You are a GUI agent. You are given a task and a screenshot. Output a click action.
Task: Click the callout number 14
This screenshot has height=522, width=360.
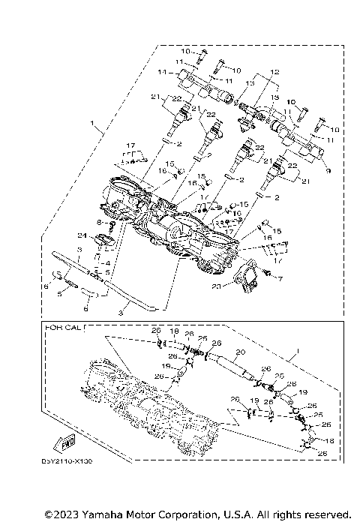coord(161,73)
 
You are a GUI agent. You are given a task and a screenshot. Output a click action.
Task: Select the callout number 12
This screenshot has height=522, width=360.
coord(274,71)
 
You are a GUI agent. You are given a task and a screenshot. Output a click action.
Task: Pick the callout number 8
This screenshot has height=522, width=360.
coord(98,223)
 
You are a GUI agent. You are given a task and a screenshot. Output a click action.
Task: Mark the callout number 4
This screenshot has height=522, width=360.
coord(107,262)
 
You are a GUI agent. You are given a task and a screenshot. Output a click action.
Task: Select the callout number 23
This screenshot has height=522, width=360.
coord(217,285)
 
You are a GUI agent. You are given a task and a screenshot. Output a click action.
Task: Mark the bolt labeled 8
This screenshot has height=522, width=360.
coord(110,223)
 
